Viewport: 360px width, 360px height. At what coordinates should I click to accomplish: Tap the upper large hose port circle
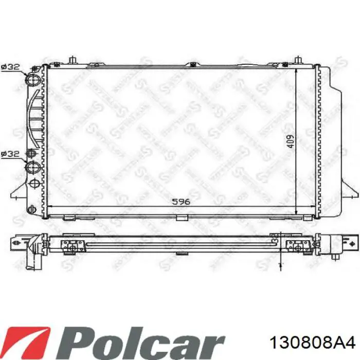coord(33,80)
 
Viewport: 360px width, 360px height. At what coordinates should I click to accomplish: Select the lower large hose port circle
coord(33,167)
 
